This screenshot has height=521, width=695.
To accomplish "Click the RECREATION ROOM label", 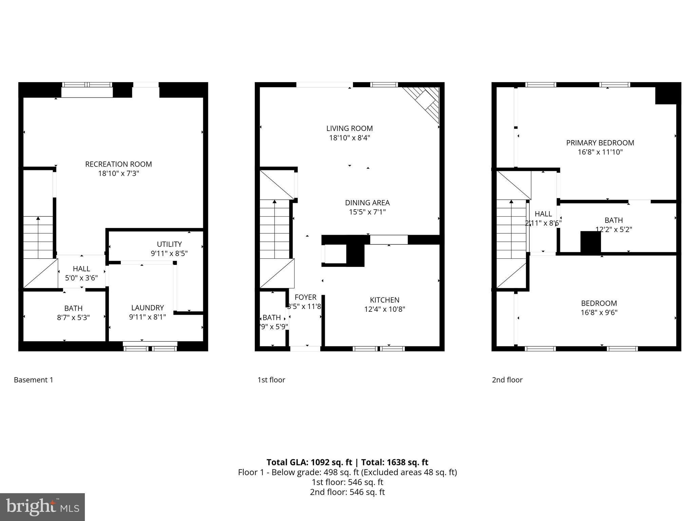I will point(118,164).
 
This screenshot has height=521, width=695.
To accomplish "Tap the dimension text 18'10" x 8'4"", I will point(349,138).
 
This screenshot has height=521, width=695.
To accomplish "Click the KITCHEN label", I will point(384,300).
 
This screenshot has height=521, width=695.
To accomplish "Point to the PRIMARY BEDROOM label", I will point(600,143).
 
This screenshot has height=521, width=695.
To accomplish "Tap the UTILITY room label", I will point(169,244).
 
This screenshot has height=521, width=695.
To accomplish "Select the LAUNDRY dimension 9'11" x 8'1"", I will point(147,317).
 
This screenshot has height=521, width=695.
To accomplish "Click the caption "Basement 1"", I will point(34,380).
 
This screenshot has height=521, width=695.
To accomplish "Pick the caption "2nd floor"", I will point(507,380).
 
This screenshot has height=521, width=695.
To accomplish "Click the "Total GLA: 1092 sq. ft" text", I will point(309,462).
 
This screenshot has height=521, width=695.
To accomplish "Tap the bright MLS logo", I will point(42,507).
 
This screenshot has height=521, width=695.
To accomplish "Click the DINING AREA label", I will point(367,203).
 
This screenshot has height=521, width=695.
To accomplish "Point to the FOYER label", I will point(305,297).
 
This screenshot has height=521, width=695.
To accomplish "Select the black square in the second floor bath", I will point(590,242).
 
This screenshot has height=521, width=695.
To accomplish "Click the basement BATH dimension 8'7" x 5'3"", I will point(73,317).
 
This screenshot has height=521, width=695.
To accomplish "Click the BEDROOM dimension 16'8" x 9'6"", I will point(599,312).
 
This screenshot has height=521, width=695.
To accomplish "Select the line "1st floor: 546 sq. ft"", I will point(347,482).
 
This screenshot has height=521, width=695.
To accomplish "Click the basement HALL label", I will point(81,269).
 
